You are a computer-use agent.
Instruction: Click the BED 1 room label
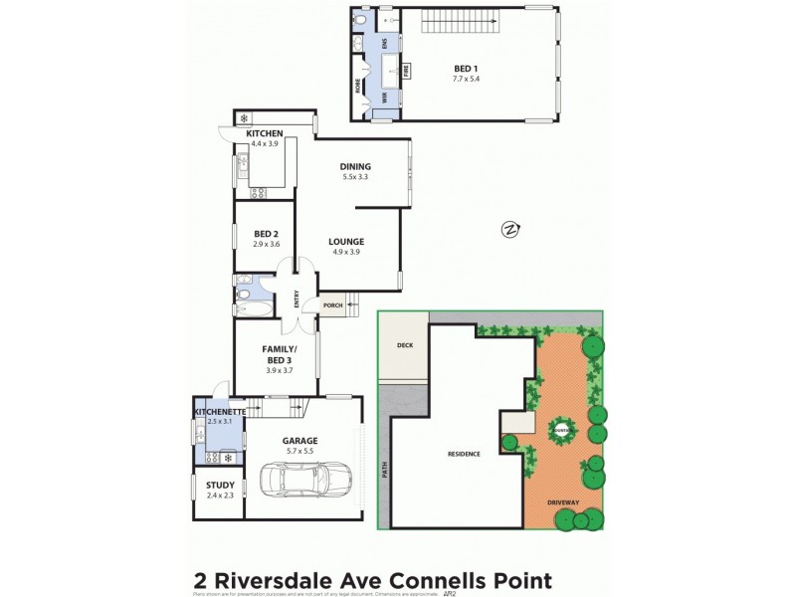point(466,68)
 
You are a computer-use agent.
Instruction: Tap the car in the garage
point(304,480)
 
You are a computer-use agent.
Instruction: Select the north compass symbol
point(510,230)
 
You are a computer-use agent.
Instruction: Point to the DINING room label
point(355,166)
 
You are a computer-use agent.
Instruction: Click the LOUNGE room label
point(346,241)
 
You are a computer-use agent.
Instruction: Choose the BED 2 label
point(265,234)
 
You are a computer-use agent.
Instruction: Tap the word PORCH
point(332,305)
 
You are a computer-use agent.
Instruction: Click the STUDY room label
point(221,485)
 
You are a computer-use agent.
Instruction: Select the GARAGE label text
point(298,440)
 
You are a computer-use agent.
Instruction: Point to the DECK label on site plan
point(404,346)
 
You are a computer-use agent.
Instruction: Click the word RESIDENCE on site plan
point(464,454)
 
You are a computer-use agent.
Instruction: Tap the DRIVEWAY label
point(563,501)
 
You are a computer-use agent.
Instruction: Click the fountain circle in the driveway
point(562,430)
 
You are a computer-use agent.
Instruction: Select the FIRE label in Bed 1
point(406,71)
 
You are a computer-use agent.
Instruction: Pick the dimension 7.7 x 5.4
point(466,79)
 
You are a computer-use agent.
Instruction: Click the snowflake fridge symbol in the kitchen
point(243,119)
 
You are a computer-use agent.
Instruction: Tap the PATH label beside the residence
point(385,468)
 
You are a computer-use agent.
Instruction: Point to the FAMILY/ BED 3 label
point(277,354)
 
